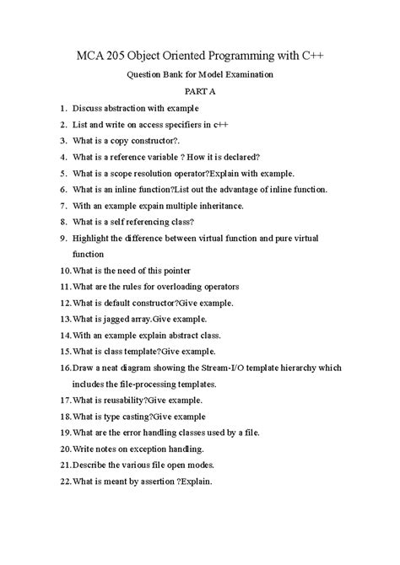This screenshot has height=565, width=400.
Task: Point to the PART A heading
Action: [x=199, y=91]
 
